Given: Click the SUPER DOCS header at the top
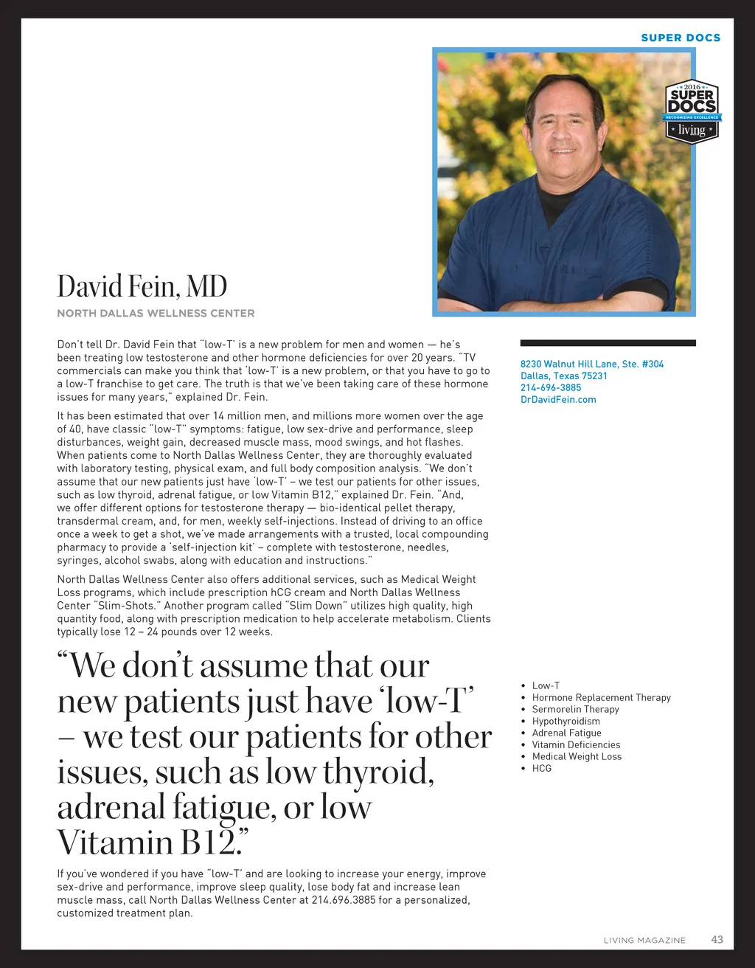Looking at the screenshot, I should [681, 38].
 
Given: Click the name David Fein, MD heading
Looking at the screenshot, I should [142, 286].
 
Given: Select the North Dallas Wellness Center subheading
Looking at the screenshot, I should [156, 313].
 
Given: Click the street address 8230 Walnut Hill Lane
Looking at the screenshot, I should [591, 364].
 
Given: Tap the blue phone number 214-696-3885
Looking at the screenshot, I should [550, 387].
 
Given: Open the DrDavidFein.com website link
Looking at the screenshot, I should [558, 399].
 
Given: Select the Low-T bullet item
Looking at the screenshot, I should [546, 685].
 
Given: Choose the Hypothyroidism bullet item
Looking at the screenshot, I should [566, 721].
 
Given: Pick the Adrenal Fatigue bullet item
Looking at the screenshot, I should [566, 733].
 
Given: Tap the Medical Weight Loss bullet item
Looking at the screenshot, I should [577, 756].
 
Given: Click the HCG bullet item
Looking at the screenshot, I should [541, 768].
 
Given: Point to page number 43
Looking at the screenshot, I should [717, 939].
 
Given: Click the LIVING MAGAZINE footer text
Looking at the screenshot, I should [644, 940].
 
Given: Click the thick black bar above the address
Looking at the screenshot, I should [608, 343].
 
